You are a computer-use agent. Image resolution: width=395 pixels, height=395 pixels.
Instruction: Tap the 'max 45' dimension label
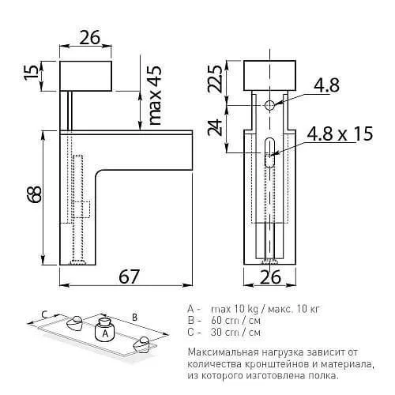(153, 96)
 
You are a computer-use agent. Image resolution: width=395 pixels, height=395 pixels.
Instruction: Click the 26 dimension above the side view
(88, 37)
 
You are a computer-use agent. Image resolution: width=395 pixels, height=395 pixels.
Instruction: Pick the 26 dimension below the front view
(271, 277)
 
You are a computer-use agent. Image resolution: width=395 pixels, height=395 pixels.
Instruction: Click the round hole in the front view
(270, 105)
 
